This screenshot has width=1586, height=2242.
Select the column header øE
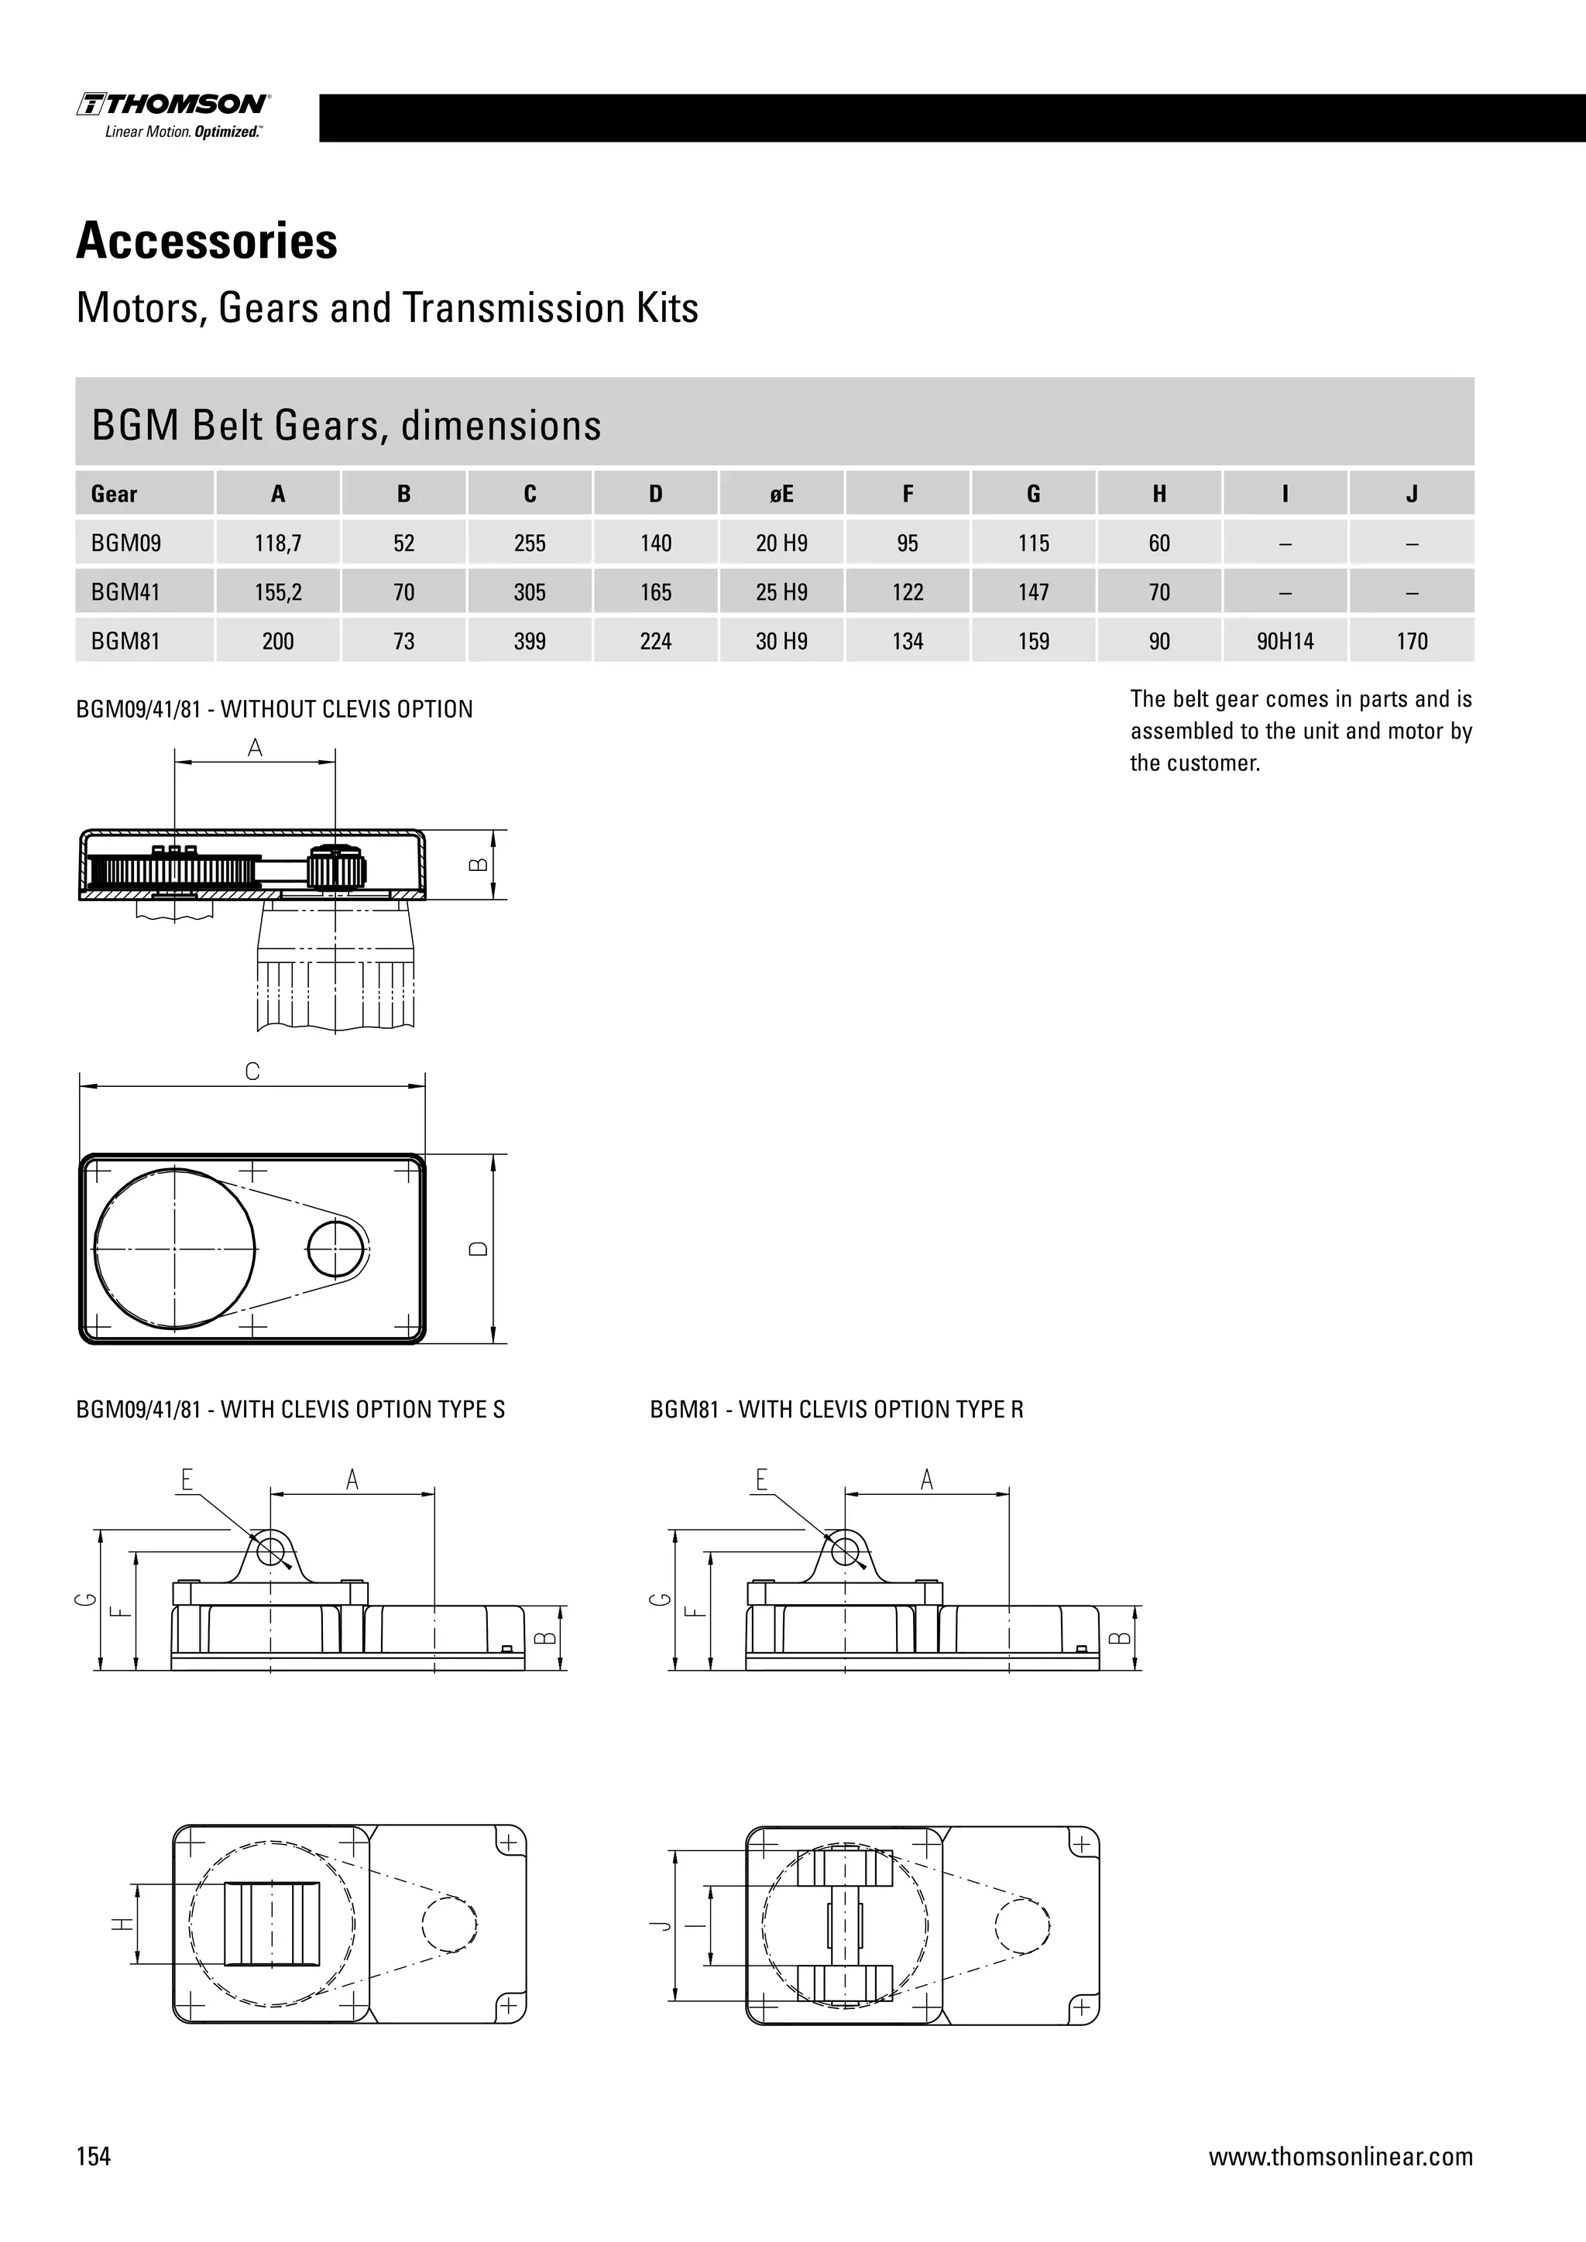(781, 494)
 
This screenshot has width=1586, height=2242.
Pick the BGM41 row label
(126, 591)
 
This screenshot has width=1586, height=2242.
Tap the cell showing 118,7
(277, 543)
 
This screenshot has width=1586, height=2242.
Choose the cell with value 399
(530, 642)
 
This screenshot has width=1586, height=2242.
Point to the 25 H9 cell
(781, 591)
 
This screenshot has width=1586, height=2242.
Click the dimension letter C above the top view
(252, 1072)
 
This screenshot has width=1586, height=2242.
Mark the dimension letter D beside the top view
(479, 1249)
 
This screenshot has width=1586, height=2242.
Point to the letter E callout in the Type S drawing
(187, 1480)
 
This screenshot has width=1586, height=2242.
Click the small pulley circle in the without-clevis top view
(335, 1249)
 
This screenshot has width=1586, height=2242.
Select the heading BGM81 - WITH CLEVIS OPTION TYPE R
(836, 1409)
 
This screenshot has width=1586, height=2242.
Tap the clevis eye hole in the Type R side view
(845, 1551)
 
